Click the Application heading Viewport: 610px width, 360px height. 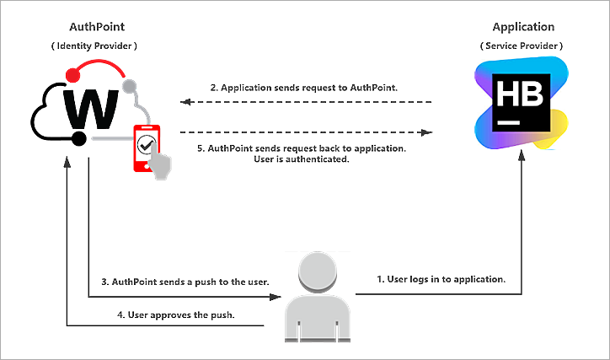click(523, 27)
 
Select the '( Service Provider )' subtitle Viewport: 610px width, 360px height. click(522, 45)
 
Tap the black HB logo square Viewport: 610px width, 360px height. click(521, 103)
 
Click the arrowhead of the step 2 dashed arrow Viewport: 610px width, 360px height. click(185, 103)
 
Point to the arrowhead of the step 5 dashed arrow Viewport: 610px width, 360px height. click(427, 132)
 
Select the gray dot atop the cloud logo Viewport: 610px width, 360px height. click(129, 87)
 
